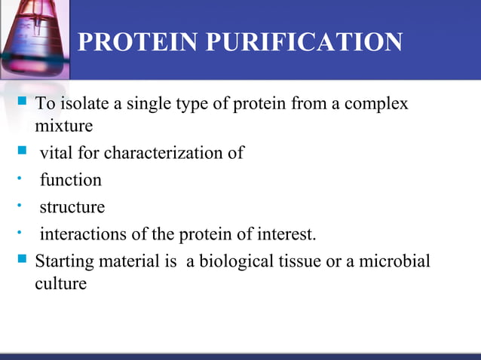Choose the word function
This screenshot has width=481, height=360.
click(70, 180)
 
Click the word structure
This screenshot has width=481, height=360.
click(72, 207)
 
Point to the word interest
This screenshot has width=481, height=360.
click(287, 234)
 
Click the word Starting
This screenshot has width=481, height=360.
click(63, 262)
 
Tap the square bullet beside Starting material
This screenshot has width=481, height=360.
click(21, 261)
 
